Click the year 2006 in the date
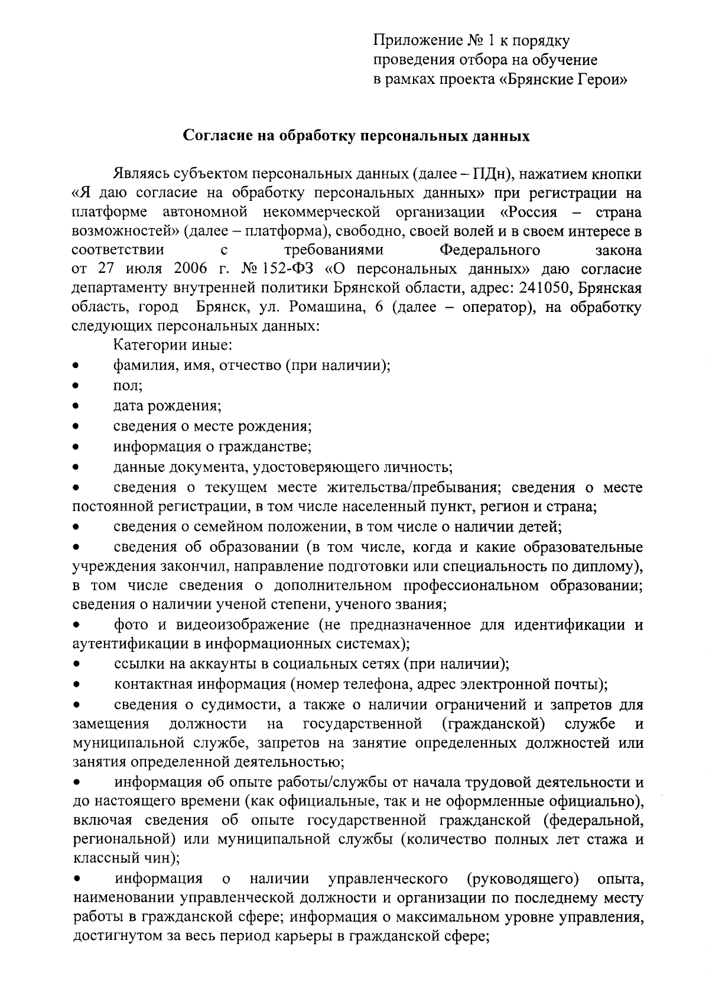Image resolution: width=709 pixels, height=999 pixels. tap(190, 269)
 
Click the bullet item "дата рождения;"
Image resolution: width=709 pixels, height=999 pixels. tap(167, 406)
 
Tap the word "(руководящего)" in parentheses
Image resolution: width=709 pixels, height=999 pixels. tap(522, 878)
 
